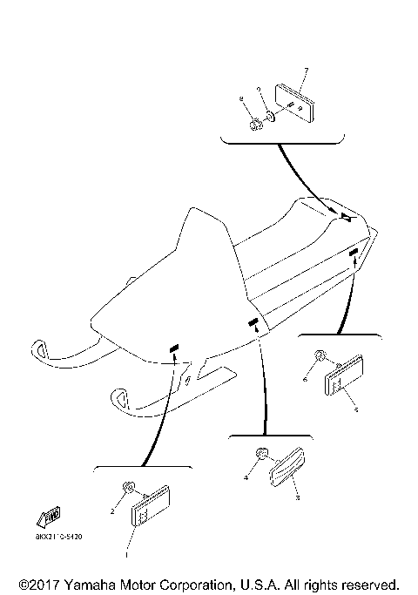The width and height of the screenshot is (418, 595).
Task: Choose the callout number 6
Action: (306, 380)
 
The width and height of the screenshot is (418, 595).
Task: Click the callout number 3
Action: (298, 497)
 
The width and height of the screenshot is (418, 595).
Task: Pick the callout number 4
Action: (246, 477)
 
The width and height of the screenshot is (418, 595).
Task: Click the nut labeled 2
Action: (128, 489)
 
